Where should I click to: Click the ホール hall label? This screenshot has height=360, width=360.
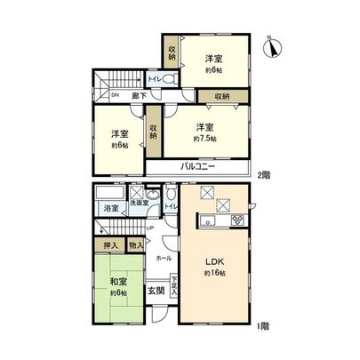(163, 258)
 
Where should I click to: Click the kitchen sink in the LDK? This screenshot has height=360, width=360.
(206, 221)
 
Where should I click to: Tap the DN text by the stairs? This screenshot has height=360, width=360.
(115, 94)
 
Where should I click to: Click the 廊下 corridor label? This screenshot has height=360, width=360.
(139, 94)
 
